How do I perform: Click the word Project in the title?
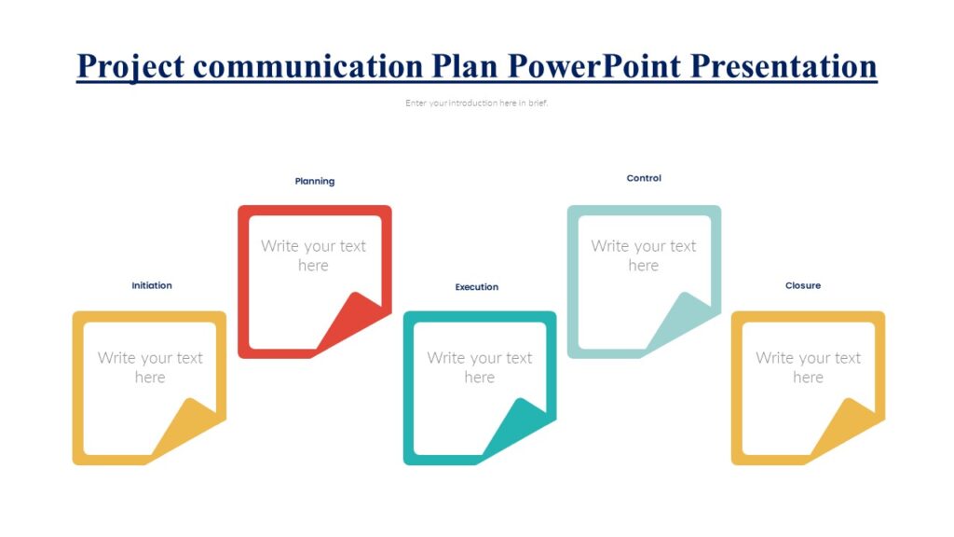tap(131, 66)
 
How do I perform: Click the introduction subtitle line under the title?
tap(477, 103)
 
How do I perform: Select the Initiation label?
tap(152, 285)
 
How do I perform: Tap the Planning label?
tap(315, 181)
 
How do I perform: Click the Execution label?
tap(477, 287)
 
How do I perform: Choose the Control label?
tap(644, 178)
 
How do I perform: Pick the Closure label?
tap(803, 285)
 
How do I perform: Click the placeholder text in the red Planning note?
tap(313, 255)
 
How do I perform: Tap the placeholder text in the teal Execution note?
tap(479, 367)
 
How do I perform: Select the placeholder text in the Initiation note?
tap(150, 367)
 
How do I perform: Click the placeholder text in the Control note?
tap(643, 255)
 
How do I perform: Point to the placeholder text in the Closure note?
tap(808, 367)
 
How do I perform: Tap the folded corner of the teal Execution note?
tap(522, 428)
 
